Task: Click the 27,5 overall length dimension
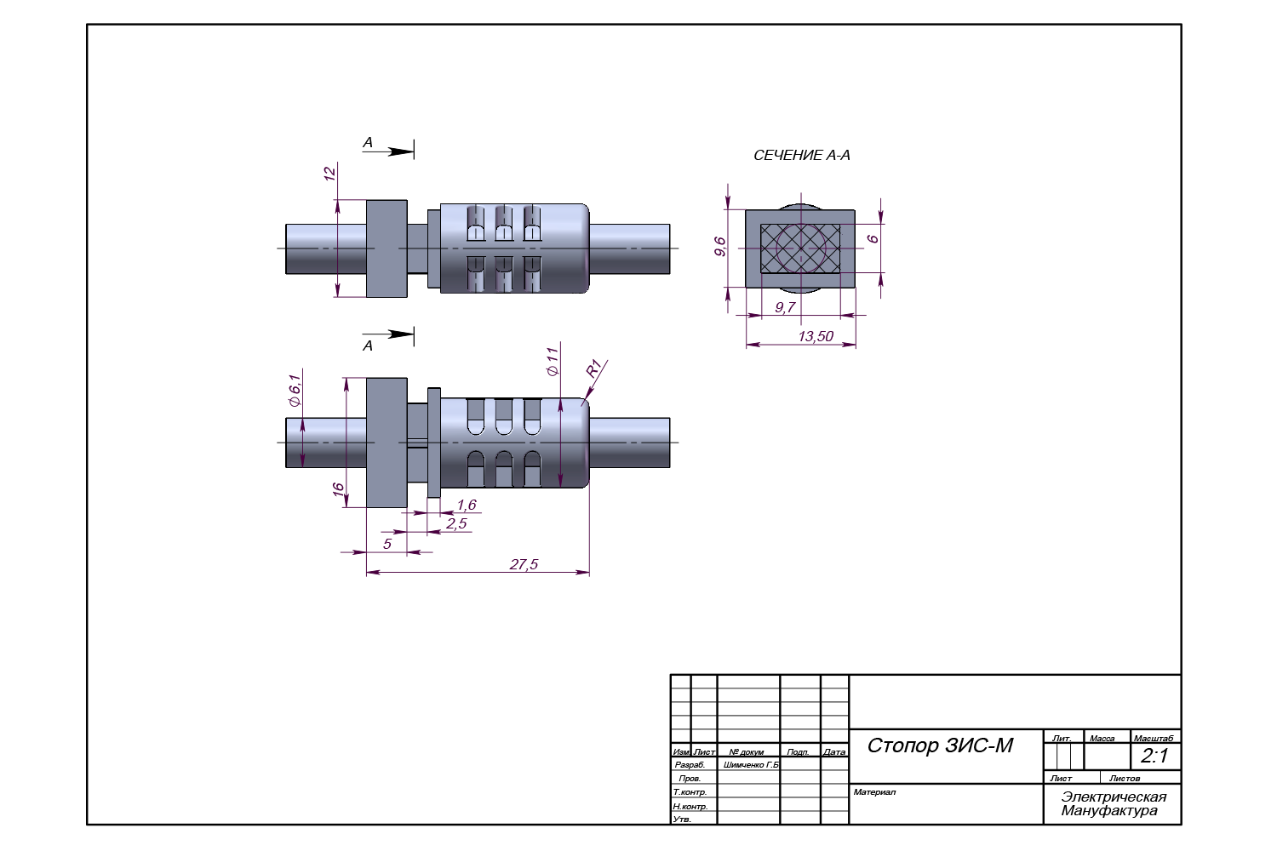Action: tap(524, 564)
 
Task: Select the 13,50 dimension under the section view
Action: tap(815, 336)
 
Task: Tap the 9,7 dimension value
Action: tap(785, 307)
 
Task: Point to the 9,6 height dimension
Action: tap(720, 247)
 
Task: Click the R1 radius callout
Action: tap(594, 368)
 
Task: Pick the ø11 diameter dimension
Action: tap(553, 361)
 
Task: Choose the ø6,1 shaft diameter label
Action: tap(295, 390)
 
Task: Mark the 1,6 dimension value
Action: tap(466, 505)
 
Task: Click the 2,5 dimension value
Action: tap(456, 523)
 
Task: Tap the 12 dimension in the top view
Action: tap(329, 174)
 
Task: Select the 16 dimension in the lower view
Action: tap(338, 489)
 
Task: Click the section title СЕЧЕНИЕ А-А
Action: tap(801, 156)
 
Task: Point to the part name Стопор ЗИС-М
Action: tap(940, 746)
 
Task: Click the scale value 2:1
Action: tap(1154, 756)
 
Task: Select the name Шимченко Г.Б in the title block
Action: tap(750, 765)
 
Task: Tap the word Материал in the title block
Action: tap(874, 792)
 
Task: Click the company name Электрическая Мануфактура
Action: tap(1113, 803)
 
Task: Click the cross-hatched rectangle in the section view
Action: tap(800, 248)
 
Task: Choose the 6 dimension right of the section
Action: tap(873, 239)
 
